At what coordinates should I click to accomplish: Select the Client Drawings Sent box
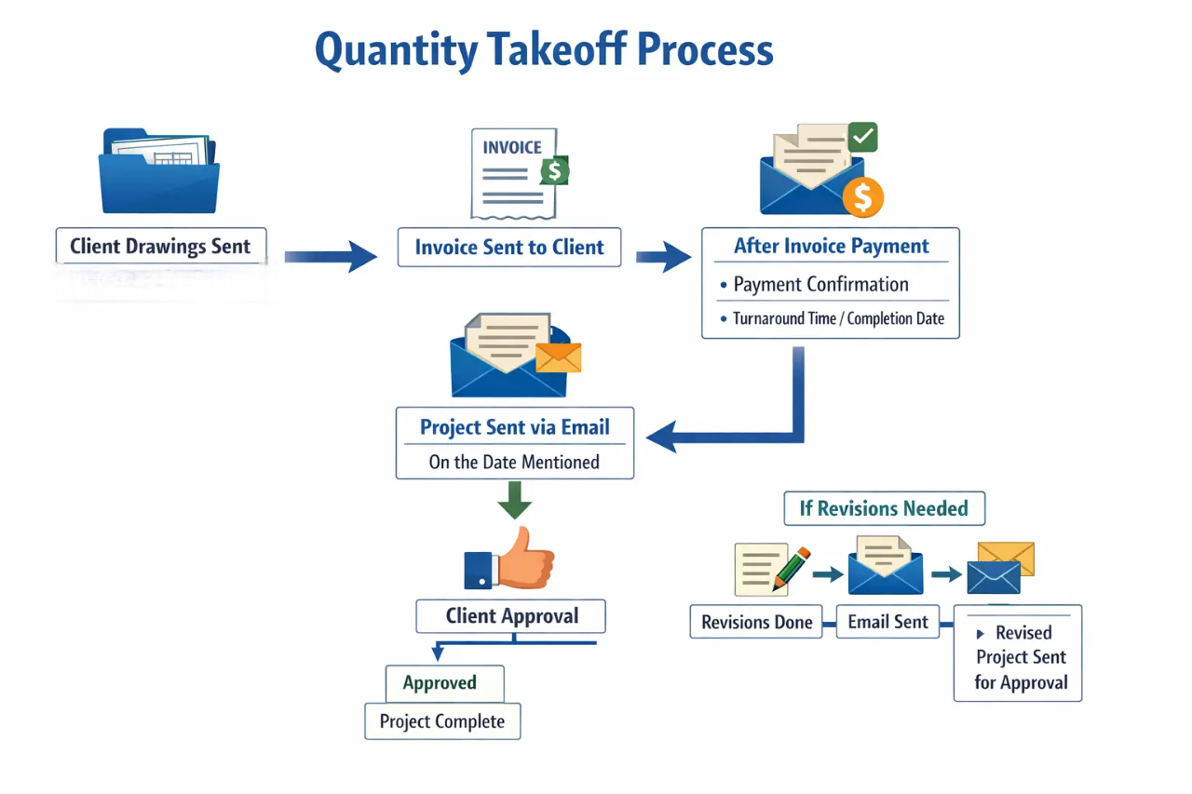point(160,247)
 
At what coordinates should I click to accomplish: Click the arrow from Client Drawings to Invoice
point(331,255)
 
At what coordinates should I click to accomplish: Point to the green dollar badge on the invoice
point(555,170)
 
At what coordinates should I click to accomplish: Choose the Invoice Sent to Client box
point(508,248)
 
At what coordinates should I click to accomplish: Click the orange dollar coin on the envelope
point(862,196)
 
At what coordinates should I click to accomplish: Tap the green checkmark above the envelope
point(863,138)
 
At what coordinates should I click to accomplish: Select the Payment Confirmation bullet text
point(820,285)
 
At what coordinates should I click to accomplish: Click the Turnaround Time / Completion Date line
point(838,318)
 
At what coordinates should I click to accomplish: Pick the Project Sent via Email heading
point(514,427)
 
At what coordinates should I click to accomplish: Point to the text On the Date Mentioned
point(514,462)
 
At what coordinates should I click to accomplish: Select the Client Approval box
point(511,616)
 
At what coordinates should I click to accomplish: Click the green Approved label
point(440,683)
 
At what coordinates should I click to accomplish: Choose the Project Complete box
point(442,721)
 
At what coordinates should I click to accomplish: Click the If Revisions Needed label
point(884,509)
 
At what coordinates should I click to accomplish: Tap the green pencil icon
point(791,568)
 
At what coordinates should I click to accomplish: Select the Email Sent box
point(887,622)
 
